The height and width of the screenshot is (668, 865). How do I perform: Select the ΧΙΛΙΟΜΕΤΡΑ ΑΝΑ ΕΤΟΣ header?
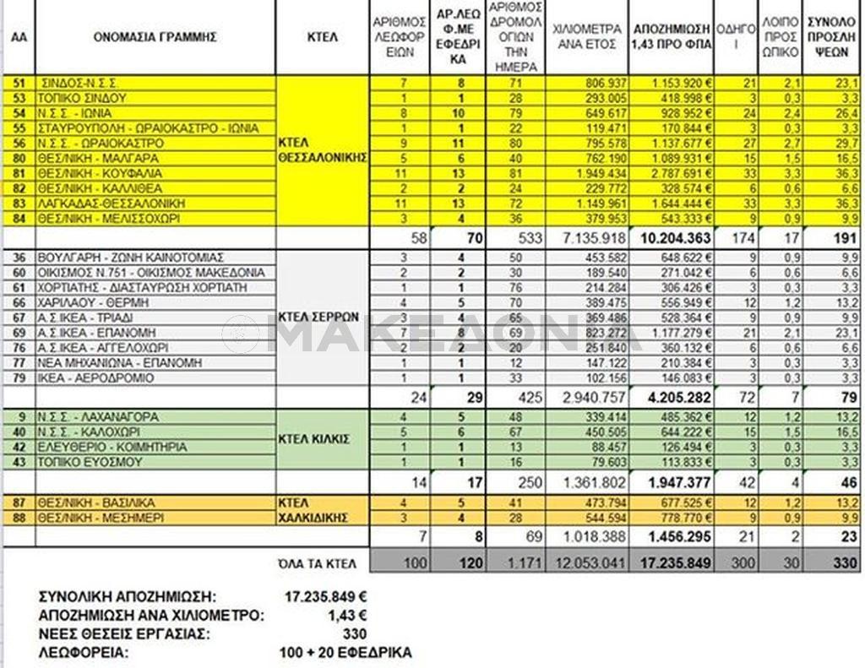point(587,37)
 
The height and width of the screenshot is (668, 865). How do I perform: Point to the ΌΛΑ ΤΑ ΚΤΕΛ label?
point(320,562)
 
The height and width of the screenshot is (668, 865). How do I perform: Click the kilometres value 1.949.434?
point(595,174)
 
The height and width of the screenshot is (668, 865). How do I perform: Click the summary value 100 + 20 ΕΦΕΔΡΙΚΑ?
point(345,653)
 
